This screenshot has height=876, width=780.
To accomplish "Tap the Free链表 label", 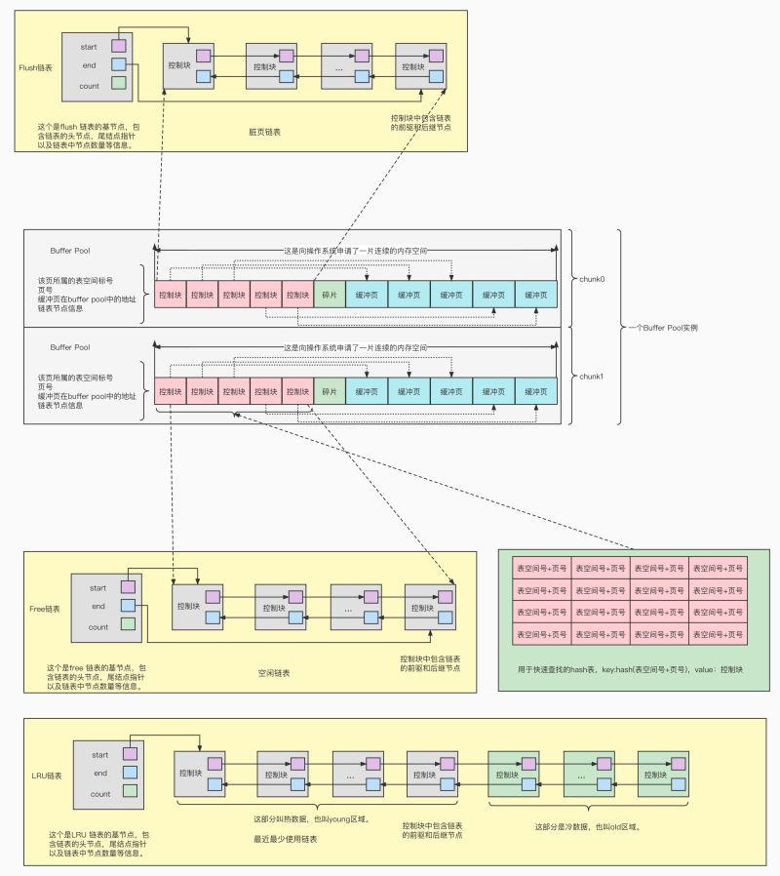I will click(45, 608).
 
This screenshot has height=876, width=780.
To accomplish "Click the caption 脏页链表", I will click(265, 131).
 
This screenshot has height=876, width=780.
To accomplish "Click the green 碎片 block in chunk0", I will click(330, 294).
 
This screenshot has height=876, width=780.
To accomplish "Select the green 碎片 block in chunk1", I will click(330, 391).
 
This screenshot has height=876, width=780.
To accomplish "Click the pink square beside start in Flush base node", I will click(119, 45).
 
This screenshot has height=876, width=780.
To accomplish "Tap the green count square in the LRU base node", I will click(130, 793).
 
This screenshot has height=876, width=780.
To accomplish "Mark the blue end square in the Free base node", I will click(128, 606).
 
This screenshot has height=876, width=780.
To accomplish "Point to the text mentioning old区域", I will click(588, 826).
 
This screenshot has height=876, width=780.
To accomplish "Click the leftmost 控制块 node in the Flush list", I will click(189, 65).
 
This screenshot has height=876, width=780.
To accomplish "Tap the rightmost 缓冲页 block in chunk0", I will click(536, 294).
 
